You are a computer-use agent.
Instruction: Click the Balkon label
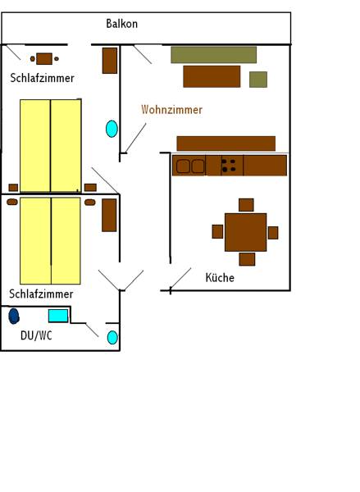click(x=122, y=24)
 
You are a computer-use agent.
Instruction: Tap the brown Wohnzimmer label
click(x=171, y=110)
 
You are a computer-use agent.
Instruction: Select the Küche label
click(x=220, y=277)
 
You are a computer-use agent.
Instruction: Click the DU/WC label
click(x=36, y=335)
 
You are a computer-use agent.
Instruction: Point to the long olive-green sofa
click(x=213, y=55)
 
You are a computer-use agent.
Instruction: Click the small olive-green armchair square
click(x=258, y=80)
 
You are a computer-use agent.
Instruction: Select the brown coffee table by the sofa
click(x=212, y=76)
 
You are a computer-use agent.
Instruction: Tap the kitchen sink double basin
click(x=190, y=166)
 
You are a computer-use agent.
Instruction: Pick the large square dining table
click(x=245, y=232)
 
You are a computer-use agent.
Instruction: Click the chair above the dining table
click(x=246, y=205)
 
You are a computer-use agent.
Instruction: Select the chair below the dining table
click(x=247, y=259)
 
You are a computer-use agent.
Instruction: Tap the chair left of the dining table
click(x=217, y=231)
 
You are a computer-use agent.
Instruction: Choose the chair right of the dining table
click(x=273, y=233)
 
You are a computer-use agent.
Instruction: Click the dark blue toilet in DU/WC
click(x=14, y=316)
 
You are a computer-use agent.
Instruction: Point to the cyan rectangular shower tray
click(x=58, y=316)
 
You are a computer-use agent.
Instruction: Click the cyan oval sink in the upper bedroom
click(x=112, y=129)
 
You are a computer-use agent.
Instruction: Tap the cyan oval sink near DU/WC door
click(x=112, y=338)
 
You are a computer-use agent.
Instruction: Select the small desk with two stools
click(x=44, y=59)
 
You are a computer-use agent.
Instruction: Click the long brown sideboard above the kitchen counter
click(x=226, y=143)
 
